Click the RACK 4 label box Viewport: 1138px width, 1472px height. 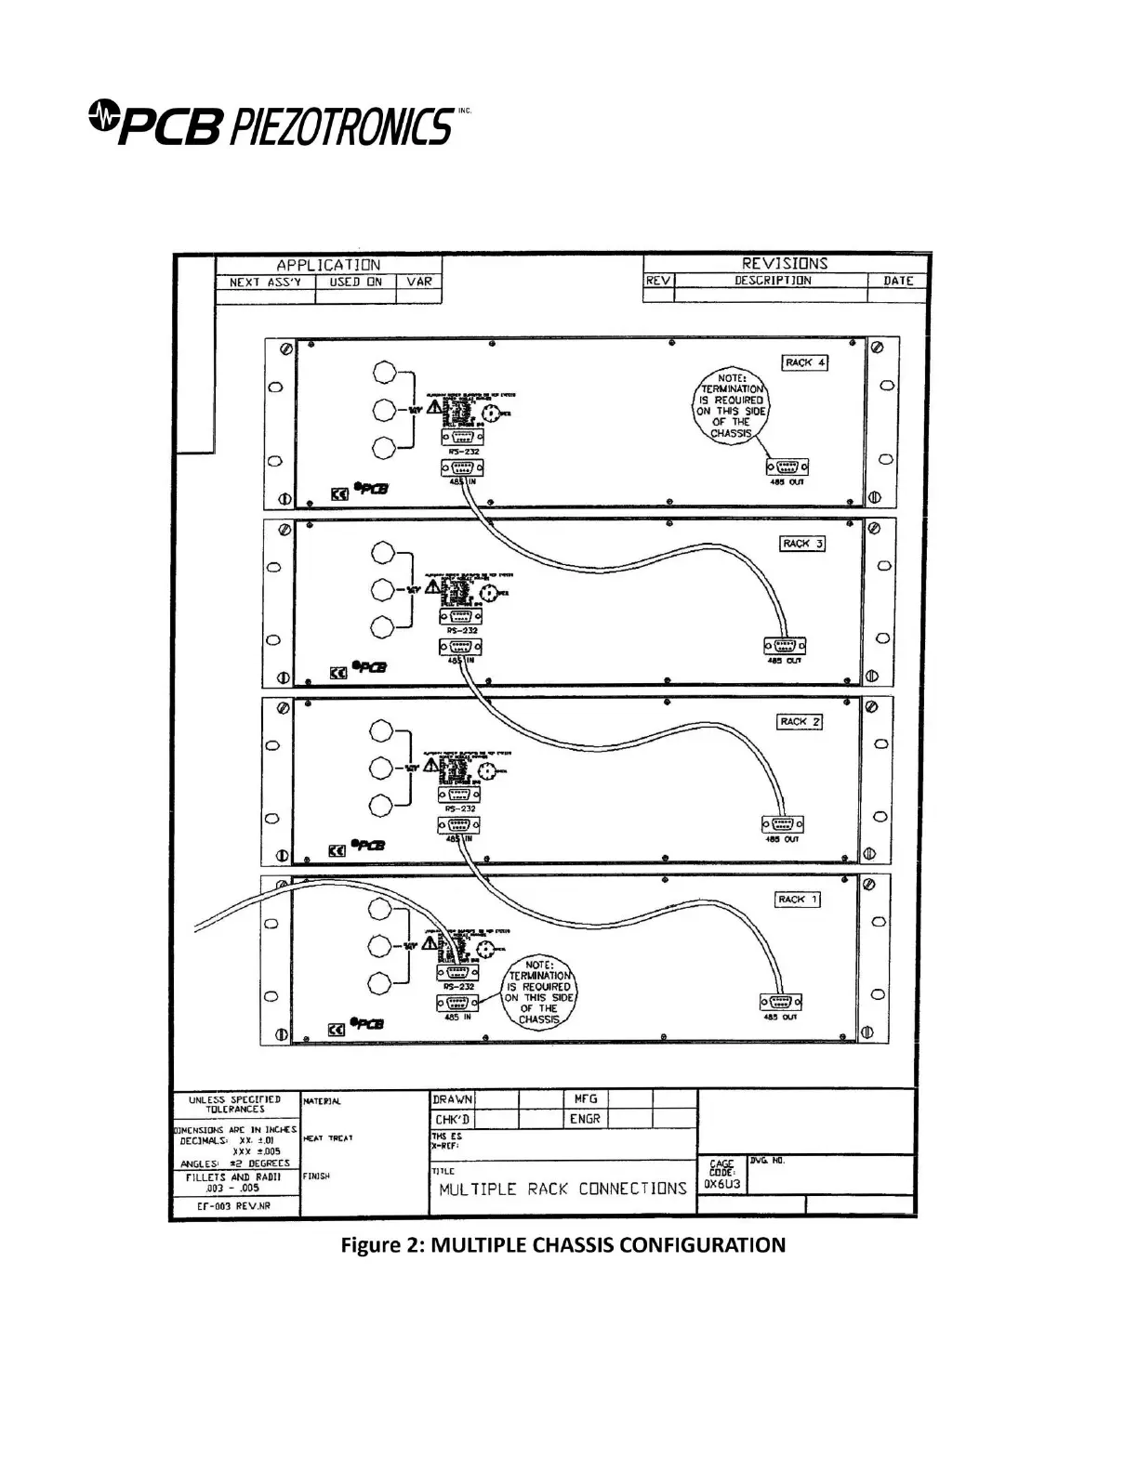click(x=804, y=362)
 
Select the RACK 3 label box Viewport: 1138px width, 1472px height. click(x=802, y=544)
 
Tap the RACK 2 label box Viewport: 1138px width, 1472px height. click(x=800, y=722)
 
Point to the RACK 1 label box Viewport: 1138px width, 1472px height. click(x=798, y=900)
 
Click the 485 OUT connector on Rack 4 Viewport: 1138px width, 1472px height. click(x=786, y=467)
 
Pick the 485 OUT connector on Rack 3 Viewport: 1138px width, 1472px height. click(x=784, y=646)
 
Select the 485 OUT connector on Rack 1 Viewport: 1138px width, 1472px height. click(x=782, y=1003)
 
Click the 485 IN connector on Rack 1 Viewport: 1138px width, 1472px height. click(x=457, y=1003)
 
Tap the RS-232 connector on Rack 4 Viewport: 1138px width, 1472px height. click(x=462, y=437)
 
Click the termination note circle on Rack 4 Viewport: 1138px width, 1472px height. click(x=732, y=405)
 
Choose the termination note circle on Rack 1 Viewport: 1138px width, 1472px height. click(x=539, y=993)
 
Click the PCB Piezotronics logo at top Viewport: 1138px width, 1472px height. click(x=275, y=124)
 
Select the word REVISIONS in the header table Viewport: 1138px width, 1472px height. click(x=784, y=263)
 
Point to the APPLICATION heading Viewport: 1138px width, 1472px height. click(x=328, y=265)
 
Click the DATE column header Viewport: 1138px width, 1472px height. click(x=897, y=281)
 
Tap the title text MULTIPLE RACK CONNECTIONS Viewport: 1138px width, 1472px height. click(x=562, y=1189)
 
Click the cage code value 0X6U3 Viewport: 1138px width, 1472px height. click(x=722, y=1185)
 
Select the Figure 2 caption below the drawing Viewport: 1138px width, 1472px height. click(x=562, y=1244)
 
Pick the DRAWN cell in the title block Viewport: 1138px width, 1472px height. click(x=452, y=1099)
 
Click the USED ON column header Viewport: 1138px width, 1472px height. click(x=355, y=282)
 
